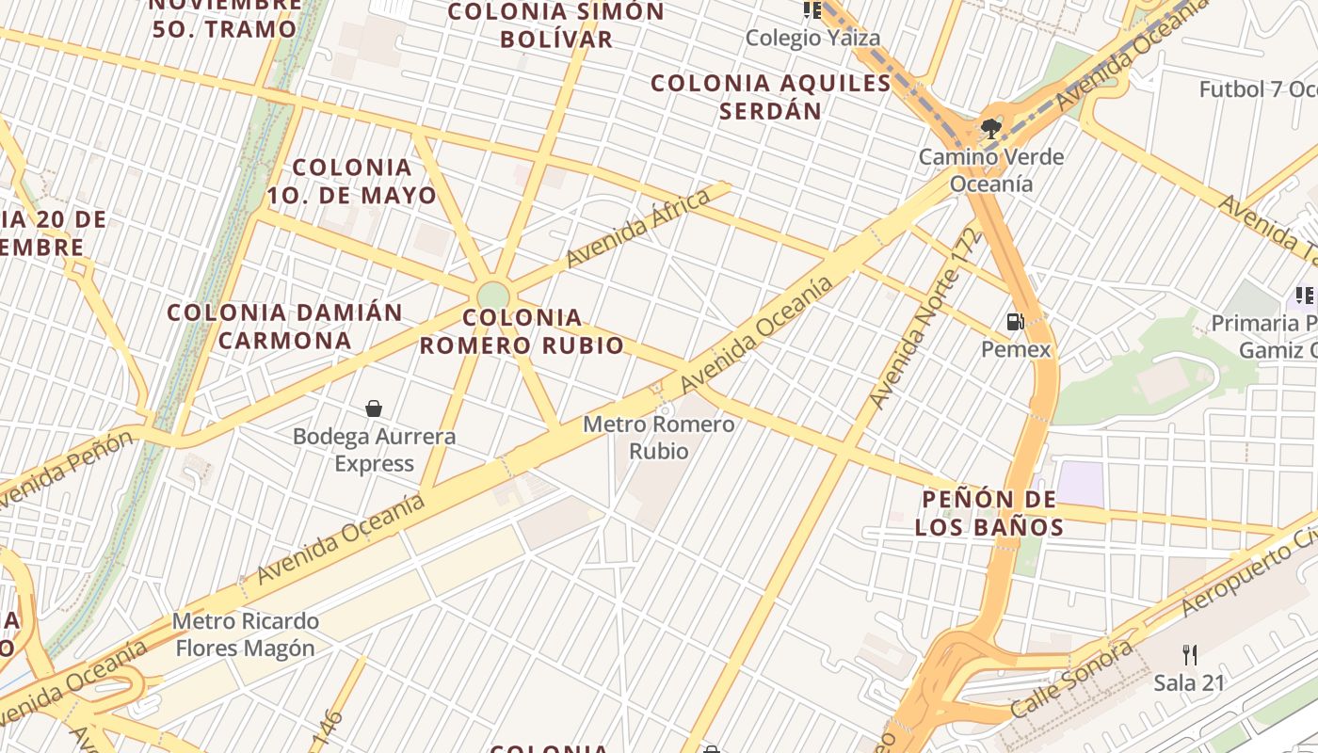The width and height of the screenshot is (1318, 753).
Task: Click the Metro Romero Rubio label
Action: tap(658, 438)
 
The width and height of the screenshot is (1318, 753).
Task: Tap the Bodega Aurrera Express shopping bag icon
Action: tap(374, 409)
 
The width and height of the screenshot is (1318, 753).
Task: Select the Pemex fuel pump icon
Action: tap(1015, 322)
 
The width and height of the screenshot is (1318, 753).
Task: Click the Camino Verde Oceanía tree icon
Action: tap(989, 128)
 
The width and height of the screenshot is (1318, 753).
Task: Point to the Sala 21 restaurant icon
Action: tap(1190, 654)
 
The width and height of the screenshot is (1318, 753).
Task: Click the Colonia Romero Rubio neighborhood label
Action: tap(522, 331)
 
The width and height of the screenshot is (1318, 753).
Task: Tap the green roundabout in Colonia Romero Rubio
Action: tap(492, 296)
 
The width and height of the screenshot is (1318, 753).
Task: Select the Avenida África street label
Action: tap(637, 229)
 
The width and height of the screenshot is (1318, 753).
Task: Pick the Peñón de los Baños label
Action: tap(988, 513)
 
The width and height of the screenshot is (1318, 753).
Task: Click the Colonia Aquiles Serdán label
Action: tap(771, 97)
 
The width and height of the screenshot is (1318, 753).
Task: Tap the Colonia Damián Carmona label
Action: tap(284, 326)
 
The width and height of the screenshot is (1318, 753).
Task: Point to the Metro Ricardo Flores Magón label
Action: tap(246, 635)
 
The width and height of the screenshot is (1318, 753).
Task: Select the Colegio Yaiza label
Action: tap(813, 39)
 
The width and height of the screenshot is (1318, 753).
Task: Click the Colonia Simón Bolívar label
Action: tap(556, 25)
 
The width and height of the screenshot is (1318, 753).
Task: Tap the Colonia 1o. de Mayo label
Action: tap(352, 182)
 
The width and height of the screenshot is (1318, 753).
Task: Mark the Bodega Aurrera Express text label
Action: tap(374, 450)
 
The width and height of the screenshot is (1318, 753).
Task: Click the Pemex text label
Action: tap(1016, 350)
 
